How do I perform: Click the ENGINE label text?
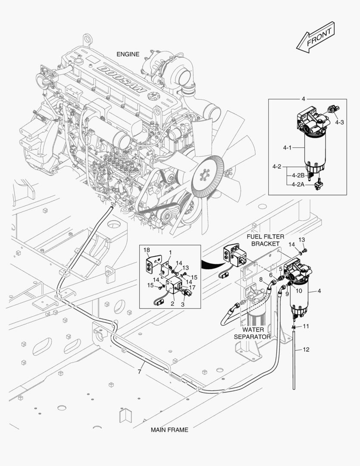point(128,54)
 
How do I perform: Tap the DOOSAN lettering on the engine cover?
point(122,79)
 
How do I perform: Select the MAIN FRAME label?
point(169,430)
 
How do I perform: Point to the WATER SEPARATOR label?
point(252,333)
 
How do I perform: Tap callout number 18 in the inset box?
point(147,250)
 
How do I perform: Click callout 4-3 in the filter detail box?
point(340,122)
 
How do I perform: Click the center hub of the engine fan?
point(204,176)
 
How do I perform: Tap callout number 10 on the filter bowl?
point(299,291)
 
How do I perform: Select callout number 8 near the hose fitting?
point(260,280)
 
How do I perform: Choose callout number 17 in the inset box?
point(192,287)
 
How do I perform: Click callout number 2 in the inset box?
point(173,304)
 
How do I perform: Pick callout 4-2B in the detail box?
point(298,175)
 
